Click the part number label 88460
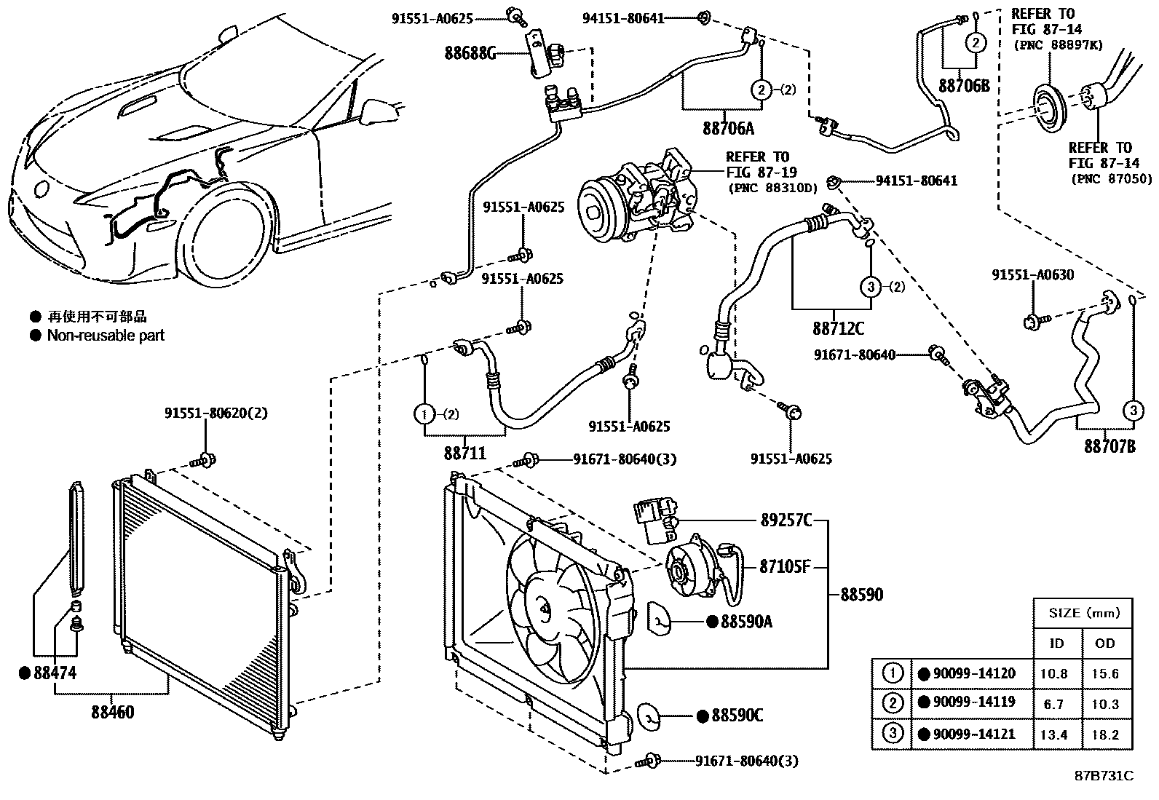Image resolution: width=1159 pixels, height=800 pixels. tap(112, 713)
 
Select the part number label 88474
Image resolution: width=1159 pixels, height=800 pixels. tap(55, 673)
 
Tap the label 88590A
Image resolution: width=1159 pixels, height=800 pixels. tap(746, 622)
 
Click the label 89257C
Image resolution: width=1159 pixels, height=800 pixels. tap(786, 520)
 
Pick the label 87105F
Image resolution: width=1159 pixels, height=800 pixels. tap(785, 566)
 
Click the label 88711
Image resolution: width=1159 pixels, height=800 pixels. tap(464, 454)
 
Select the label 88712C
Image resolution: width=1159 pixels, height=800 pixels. tap(838, 328)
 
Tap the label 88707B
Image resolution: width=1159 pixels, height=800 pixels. tap(1109, 446)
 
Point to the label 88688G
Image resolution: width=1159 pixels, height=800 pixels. tap(470, 52)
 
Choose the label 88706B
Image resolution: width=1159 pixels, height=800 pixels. tap(964, 85)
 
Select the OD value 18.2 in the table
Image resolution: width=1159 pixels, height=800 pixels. tap(1104, 735)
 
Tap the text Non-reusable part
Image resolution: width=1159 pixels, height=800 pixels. tap(106, 336)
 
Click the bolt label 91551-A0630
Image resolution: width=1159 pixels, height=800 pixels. tap(1032, 275)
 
